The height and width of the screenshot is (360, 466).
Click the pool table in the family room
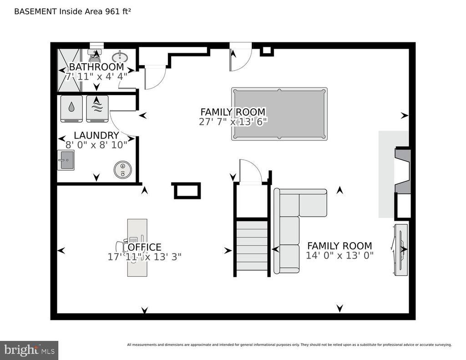click(279, 114)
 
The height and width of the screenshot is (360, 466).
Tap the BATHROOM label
click(96, 67)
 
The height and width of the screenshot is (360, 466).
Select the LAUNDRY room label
click(96, 136)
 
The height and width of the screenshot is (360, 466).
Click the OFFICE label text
click(145, 247)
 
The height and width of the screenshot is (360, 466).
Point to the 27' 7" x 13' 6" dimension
click(233, 122)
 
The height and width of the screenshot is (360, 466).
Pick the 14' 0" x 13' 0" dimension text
click(339, 255)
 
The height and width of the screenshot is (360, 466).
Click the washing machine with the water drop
click(72, 109)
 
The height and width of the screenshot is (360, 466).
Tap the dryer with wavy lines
click(97, 109)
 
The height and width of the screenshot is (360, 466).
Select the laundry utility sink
click(66, 160)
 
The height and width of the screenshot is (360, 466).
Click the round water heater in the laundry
click(122, 170)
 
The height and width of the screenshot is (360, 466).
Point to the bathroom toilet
click(96, 56)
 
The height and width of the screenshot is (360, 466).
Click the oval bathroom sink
click(120, 57)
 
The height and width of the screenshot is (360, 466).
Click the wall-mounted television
click(400, 248)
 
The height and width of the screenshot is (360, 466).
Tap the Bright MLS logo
click(29, 350)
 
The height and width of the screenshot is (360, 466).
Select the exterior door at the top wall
click(240, 57)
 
